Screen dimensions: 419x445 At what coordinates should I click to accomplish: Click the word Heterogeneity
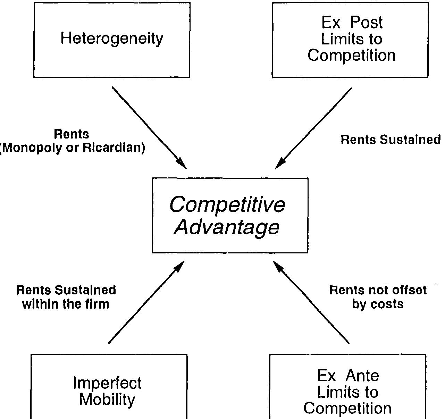[112, 39]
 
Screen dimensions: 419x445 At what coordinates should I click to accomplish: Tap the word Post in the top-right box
[366, 23]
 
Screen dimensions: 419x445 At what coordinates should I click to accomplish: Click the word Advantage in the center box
[227, 227]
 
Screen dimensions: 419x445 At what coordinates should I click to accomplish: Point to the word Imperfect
[107, 383]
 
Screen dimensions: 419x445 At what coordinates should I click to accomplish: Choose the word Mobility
[107, 399]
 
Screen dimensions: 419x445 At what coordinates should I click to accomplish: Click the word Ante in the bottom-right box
[362, 376]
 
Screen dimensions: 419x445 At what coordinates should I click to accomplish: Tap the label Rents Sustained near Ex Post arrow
[391, 140]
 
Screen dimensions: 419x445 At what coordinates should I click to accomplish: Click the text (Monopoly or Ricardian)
[72, 148]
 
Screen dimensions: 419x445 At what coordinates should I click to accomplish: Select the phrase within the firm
[66, 304]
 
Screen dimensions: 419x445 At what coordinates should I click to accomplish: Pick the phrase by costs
[378, 304]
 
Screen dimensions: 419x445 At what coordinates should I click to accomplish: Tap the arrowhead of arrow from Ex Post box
[280, 164]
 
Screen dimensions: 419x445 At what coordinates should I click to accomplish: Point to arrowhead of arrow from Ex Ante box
[278, 266]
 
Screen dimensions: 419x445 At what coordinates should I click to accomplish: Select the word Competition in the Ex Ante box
[347, 408]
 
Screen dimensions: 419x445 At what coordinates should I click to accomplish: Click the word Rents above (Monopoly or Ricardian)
[72, 134]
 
